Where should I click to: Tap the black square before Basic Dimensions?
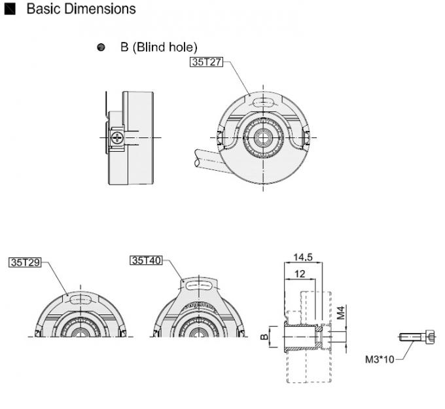click(9, 10)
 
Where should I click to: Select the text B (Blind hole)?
click(158, 47)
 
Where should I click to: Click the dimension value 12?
click(299, 274)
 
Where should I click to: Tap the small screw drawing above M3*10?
click(417, 337)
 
